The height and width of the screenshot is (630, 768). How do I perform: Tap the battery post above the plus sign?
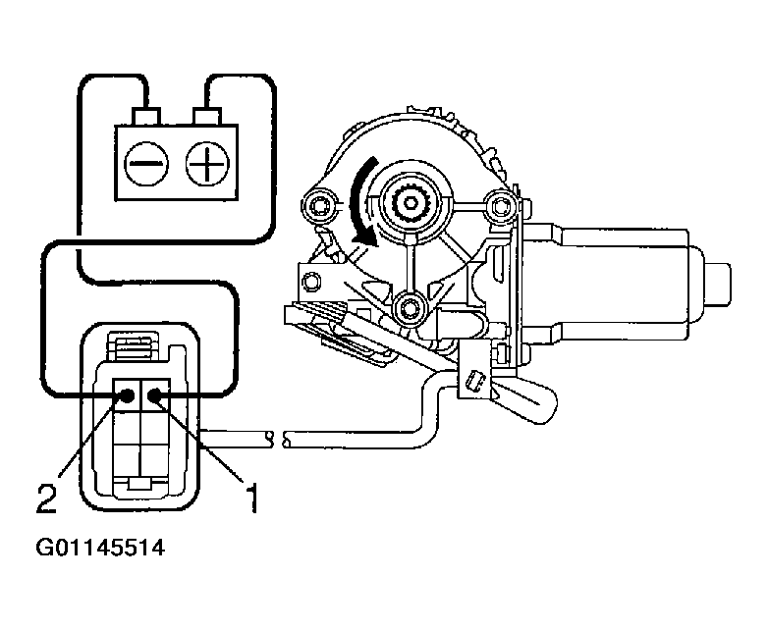tap(206, 116)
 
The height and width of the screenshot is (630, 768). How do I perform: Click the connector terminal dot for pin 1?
tap(155, 395)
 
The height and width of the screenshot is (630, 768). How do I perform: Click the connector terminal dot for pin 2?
tap(128, 395)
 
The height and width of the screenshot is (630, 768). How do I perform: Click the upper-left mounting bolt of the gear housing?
tap(317, 206)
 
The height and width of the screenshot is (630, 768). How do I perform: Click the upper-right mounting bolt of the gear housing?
tap(501, 206)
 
